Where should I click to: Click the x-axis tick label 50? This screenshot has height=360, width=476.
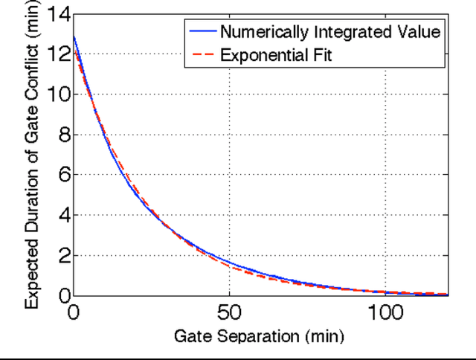click(x=229, y=312)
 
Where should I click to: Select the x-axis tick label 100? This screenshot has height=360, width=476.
click(x=385, y=312)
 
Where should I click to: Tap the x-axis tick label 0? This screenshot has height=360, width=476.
click(x=73, y=312)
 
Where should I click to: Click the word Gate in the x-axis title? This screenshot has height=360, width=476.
click(x=190, y=336)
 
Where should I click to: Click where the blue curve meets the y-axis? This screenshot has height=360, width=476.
click(x=73, y=36)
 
